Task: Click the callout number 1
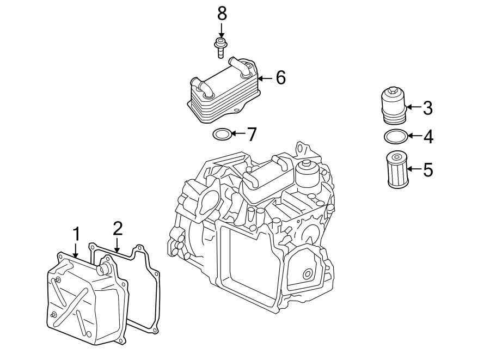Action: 76,234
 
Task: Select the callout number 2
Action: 118,228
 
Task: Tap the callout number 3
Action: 428,108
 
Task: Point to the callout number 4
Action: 428,136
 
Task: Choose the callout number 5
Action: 428,170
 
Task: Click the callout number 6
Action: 280,78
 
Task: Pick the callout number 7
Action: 251,134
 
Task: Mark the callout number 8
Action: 222,14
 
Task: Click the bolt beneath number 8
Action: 221,47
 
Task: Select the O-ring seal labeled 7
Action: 222,133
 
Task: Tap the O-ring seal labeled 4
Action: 395,136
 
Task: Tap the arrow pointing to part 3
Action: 413,108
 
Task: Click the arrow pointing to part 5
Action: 413,170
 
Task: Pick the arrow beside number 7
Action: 239,134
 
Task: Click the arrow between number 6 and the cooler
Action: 265,78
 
